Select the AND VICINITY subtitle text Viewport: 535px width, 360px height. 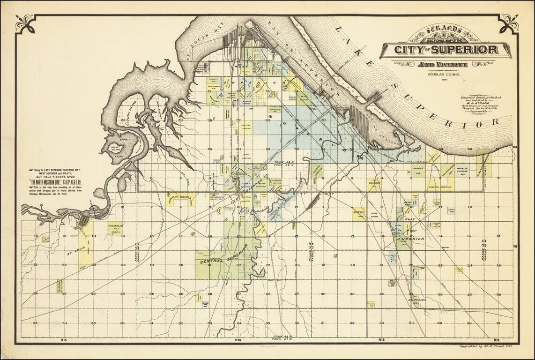(445, 64)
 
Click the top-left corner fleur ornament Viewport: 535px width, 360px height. (24, 23)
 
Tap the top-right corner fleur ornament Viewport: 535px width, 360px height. (509, 23)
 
